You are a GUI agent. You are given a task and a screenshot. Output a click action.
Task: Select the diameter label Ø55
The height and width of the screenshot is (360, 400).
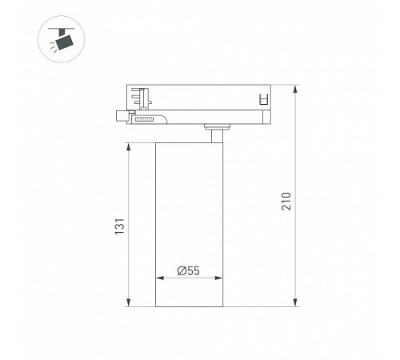tap(188, 271)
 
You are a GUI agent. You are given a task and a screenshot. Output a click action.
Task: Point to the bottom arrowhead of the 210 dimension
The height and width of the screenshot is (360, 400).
tap(297, 303)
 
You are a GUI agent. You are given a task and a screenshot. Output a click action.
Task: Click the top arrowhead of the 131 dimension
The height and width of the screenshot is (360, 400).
tap(129, 146)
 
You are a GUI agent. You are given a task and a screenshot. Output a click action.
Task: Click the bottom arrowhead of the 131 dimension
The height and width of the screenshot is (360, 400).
tap(129, 303)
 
